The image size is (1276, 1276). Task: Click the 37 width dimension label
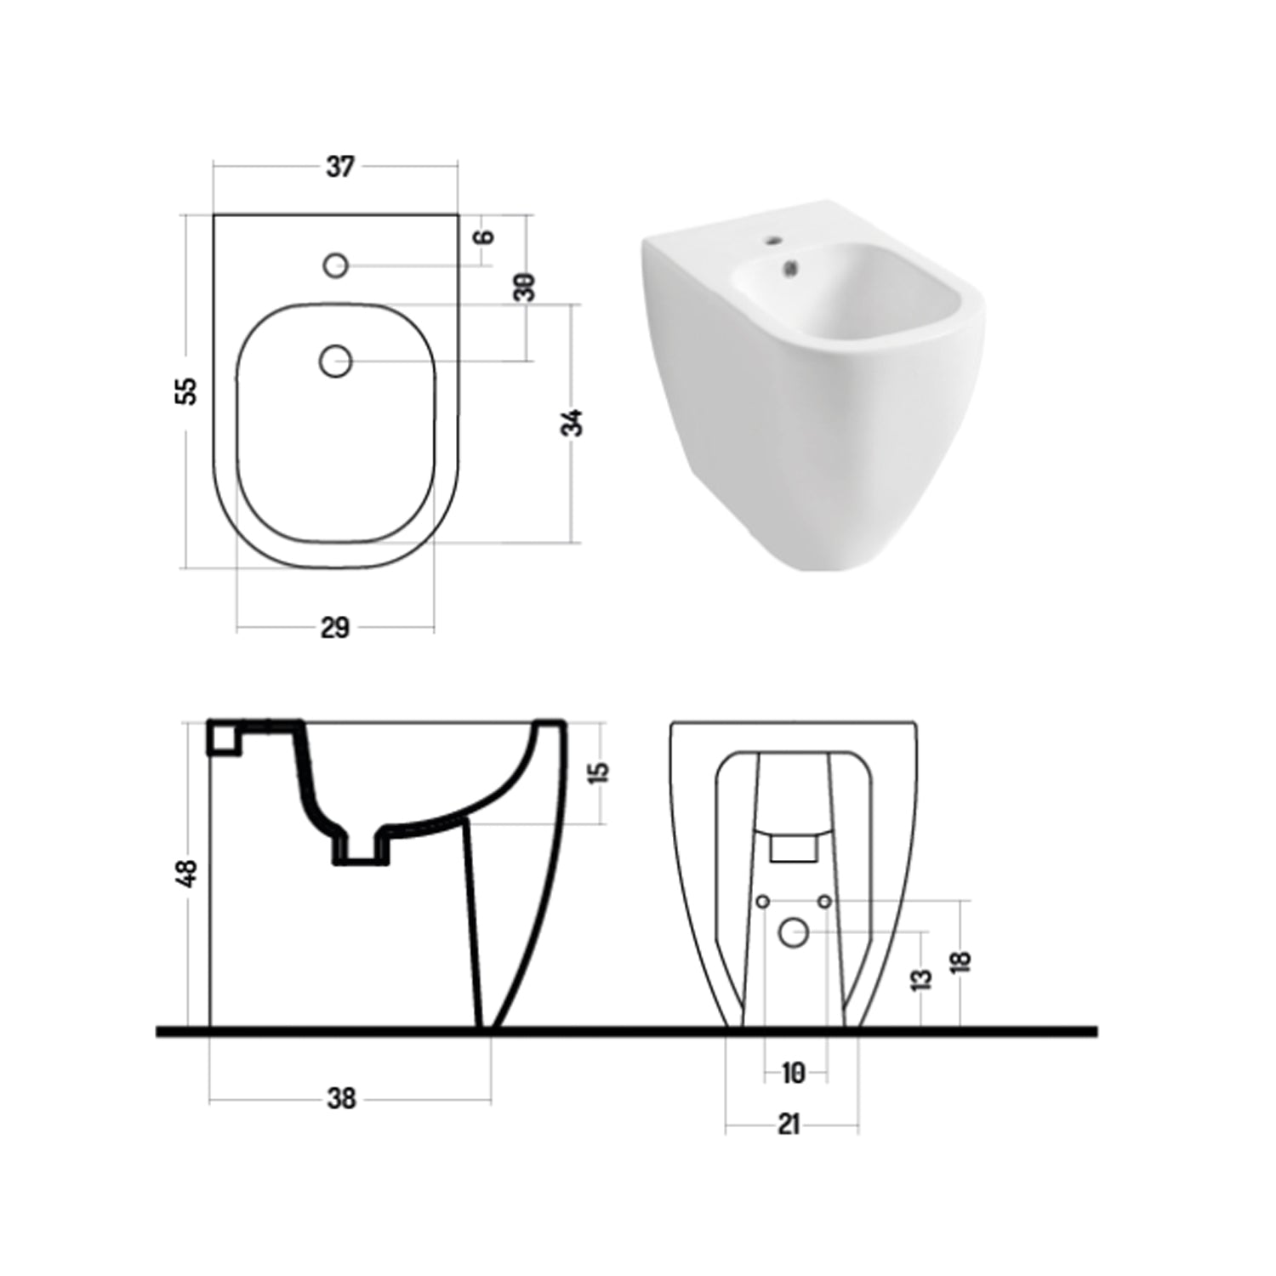339,168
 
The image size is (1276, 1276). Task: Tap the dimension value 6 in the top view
485,236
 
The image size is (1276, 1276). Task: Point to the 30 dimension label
525,287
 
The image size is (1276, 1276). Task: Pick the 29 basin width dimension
335,628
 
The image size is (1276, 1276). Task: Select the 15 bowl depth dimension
599,772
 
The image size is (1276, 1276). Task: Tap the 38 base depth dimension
341,1099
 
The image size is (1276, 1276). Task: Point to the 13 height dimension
921,980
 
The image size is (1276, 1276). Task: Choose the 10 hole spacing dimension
793,1074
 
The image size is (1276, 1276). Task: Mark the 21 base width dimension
789,1125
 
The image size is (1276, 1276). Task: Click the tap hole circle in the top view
336,265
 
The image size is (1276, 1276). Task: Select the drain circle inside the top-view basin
336,362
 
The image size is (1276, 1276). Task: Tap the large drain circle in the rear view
794,933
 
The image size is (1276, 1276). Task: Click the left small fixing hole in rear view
763,901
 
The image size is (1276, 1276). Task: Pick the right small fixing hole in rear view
824,901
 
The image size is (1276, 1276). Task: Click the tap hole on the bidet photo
773,241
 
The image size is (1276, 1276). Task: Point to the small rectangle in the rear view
793,848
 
